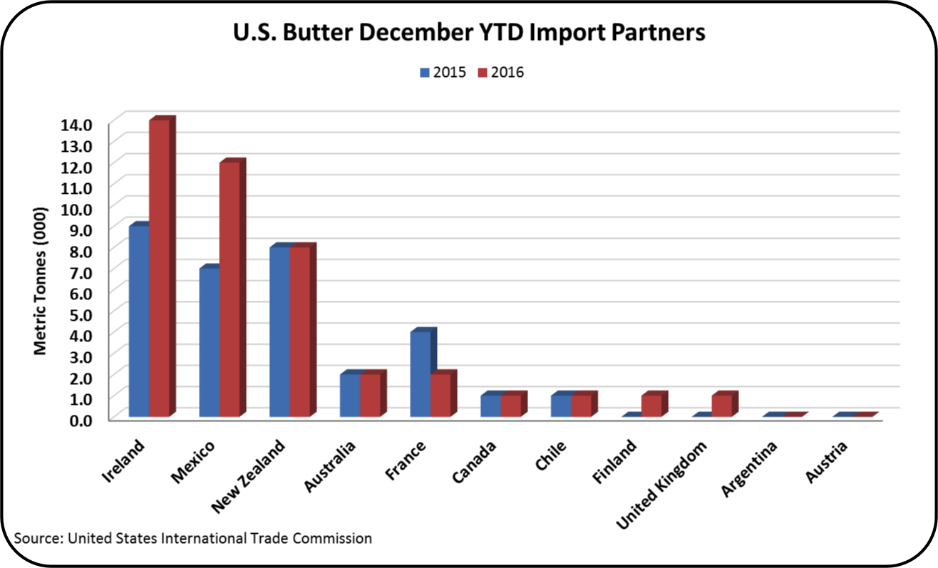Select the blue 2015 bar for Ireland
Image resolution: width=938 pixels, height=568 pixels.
point(139,320)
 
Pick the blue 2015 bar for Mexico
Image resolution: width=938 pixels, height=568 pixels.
point(210,341)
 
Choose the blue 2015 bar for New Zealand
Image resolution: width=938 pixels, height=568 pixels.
point(279,331)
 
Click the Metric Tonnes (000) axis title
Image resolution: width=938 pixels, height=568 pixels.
point(41,280)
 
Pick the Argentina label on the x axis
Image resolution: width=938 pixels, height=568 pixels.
point(750,470)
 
